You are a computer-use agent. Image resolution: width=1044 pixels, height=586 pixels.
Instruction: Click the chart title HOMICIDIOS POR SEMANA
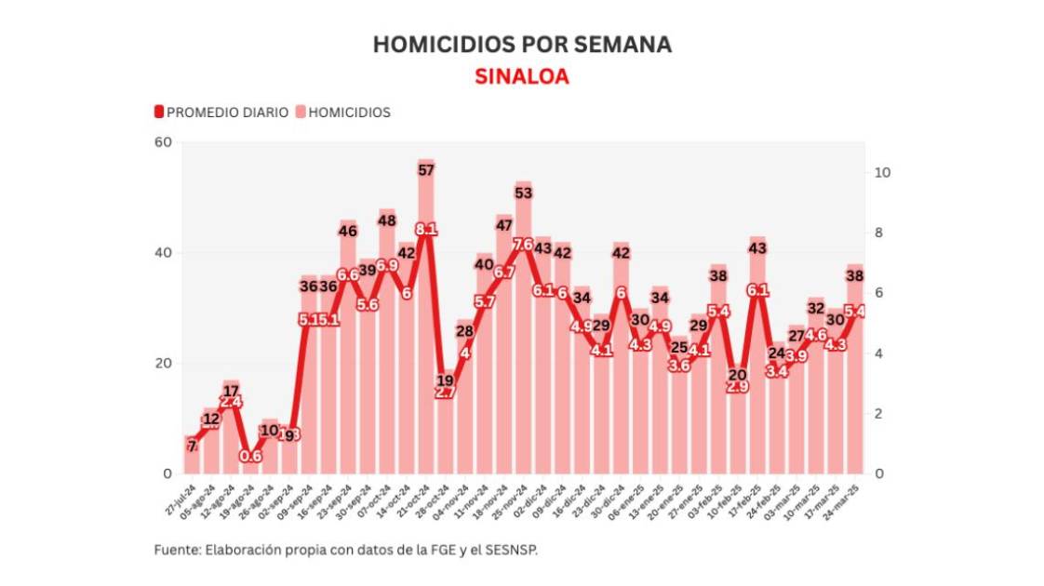coord(522,45)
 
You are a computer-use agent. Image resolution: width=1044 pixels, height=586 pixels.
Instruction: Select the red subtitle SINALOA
coord(522,76)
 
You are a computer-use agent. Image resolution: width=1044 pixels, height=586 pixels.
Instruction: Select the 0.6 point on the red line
coord(250,456)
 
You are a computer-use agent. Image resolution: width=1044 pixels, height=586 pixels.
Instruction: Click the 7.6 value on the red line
coord(523,245)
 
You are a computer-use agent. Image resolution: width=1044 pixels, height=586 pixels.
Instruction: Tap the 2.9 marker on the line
coord(737,386)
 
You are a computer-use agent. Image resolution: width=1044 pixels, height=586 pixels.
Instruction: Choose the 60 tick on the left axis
coord(164,142)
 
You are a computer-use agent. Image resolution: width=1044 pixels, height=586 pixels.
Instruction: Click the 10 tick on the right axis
coord(884,172)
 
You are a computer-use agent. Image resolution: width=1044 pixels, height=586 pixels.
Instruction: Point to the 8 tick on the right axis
coord(881,233)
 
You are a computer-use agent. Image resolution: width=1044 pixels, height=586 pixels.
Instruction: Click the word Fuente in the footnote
coord(174,550)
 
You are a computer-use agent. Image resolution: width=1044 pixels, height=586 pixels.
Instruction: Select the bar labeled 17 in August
coord(232,428)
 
